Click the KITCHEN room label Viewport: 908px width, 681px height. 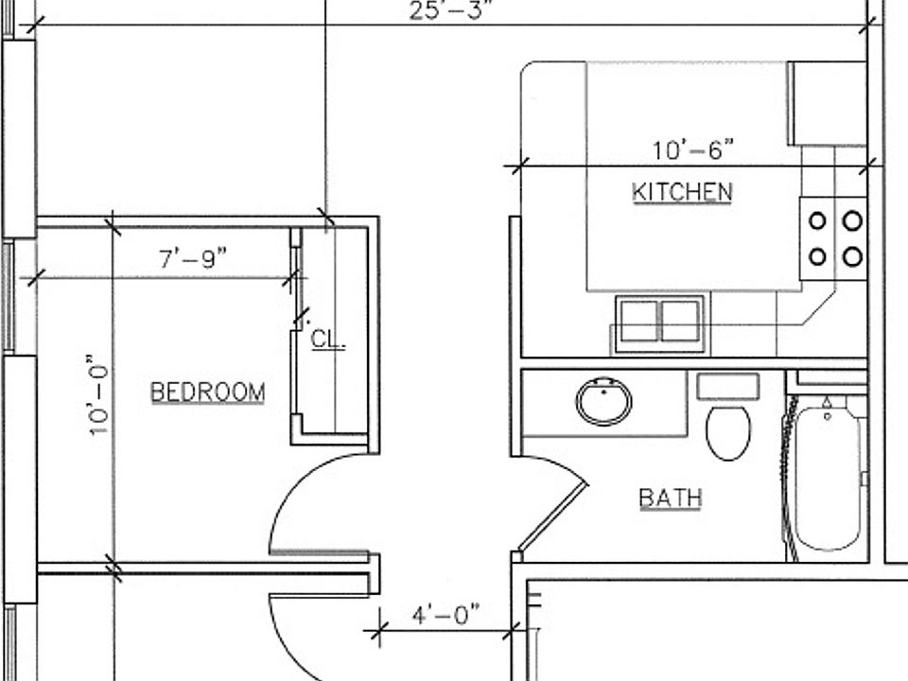[682, 192]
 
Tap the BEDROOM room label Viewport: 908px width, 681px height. [207, 392]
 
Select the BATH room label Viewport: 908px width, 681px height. [670, 498]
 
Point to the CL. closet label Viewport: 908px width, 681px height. [328, 339]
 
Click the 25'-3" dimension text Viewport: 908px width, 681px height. [452, 10]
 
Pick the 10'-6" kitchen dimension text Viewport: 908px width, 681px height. [693, 150]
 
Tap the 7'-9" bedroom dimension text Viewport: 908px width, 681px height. [193, 258]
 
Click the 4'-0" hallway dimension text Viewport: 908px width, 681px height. [445, 614]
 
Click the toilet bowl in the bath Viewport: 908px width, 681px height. [728, 433]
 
